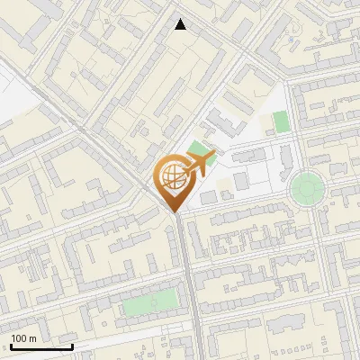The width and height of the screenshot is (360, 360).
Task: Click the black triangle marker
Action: (181, 24)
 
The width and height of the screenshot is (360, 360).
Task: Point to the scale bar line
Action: (41, 346)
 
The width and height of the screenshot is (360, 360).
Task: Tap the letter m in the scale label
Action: (33, 338)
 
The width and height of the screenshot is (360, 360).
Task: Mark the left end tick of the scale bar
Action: (11, 345)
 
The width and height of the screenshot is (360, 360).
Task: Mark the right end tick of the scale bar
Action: (72, 345)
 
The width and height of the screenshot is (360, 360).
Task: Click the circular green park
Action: (307, 188)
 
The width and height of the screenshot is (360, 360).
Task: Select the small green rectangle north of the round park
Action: (282, 121)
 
